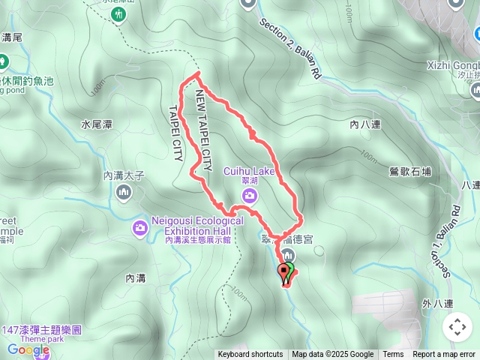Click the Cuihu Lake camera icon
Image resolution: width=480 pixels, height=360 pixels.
click(x=249, y=196)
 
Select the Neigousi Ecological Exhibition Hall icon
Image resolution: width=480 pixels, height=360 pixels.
click(x=140, y=227)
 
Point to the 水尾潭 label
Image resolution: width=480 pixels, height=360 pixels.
click(x=97, y=124)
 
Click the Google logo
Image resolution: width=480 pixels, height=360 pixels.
click(x=28, y=349)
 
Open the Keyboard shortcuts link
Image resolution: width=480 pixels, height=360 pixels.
click(x=250, y=355)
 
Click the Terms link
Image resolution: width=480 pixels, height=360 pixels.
click(x=393, y=355)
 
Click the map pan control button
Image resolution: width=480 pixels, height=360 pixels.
click(x=457, y=327)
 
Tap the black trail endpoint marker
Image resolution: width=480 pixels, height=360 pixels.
click(x=283, y=271)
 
